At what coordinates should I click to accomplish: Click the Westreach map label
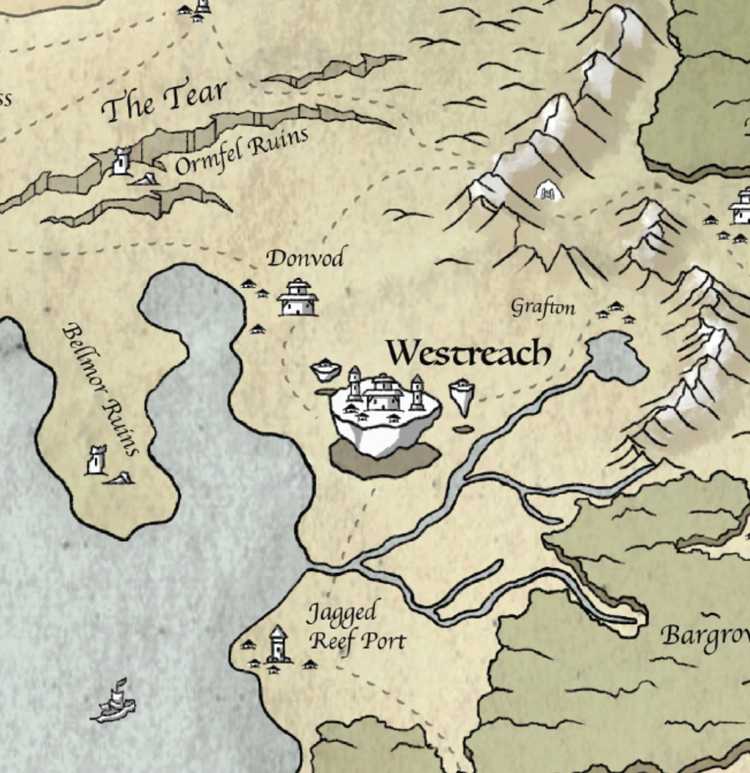click(469, 354)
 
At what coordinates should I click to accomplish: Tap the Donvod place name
click(305, 258)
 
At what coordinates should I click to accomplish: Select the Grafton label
click(542, 307)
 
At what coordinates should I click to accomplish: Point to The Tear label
click(164, 101)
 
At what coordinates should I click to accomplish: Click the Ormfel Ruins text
click(241, 151)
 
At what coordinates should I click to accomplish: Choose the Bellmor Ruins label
click(100, 389)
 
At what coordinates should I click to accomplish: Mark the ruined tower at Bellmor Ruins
click(96, 461)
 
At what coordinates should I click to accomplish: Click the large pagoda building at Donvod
click(298, 298)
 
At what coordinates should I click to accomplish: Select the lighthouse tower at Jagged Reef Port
click(278, 645)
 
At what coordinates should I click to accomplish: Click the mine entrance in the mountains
click(548, 191)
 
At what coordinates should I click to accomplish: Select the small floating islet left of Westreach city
click(325, 370)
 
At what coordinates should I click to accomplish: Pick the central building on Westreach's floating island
click(382, 392)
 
